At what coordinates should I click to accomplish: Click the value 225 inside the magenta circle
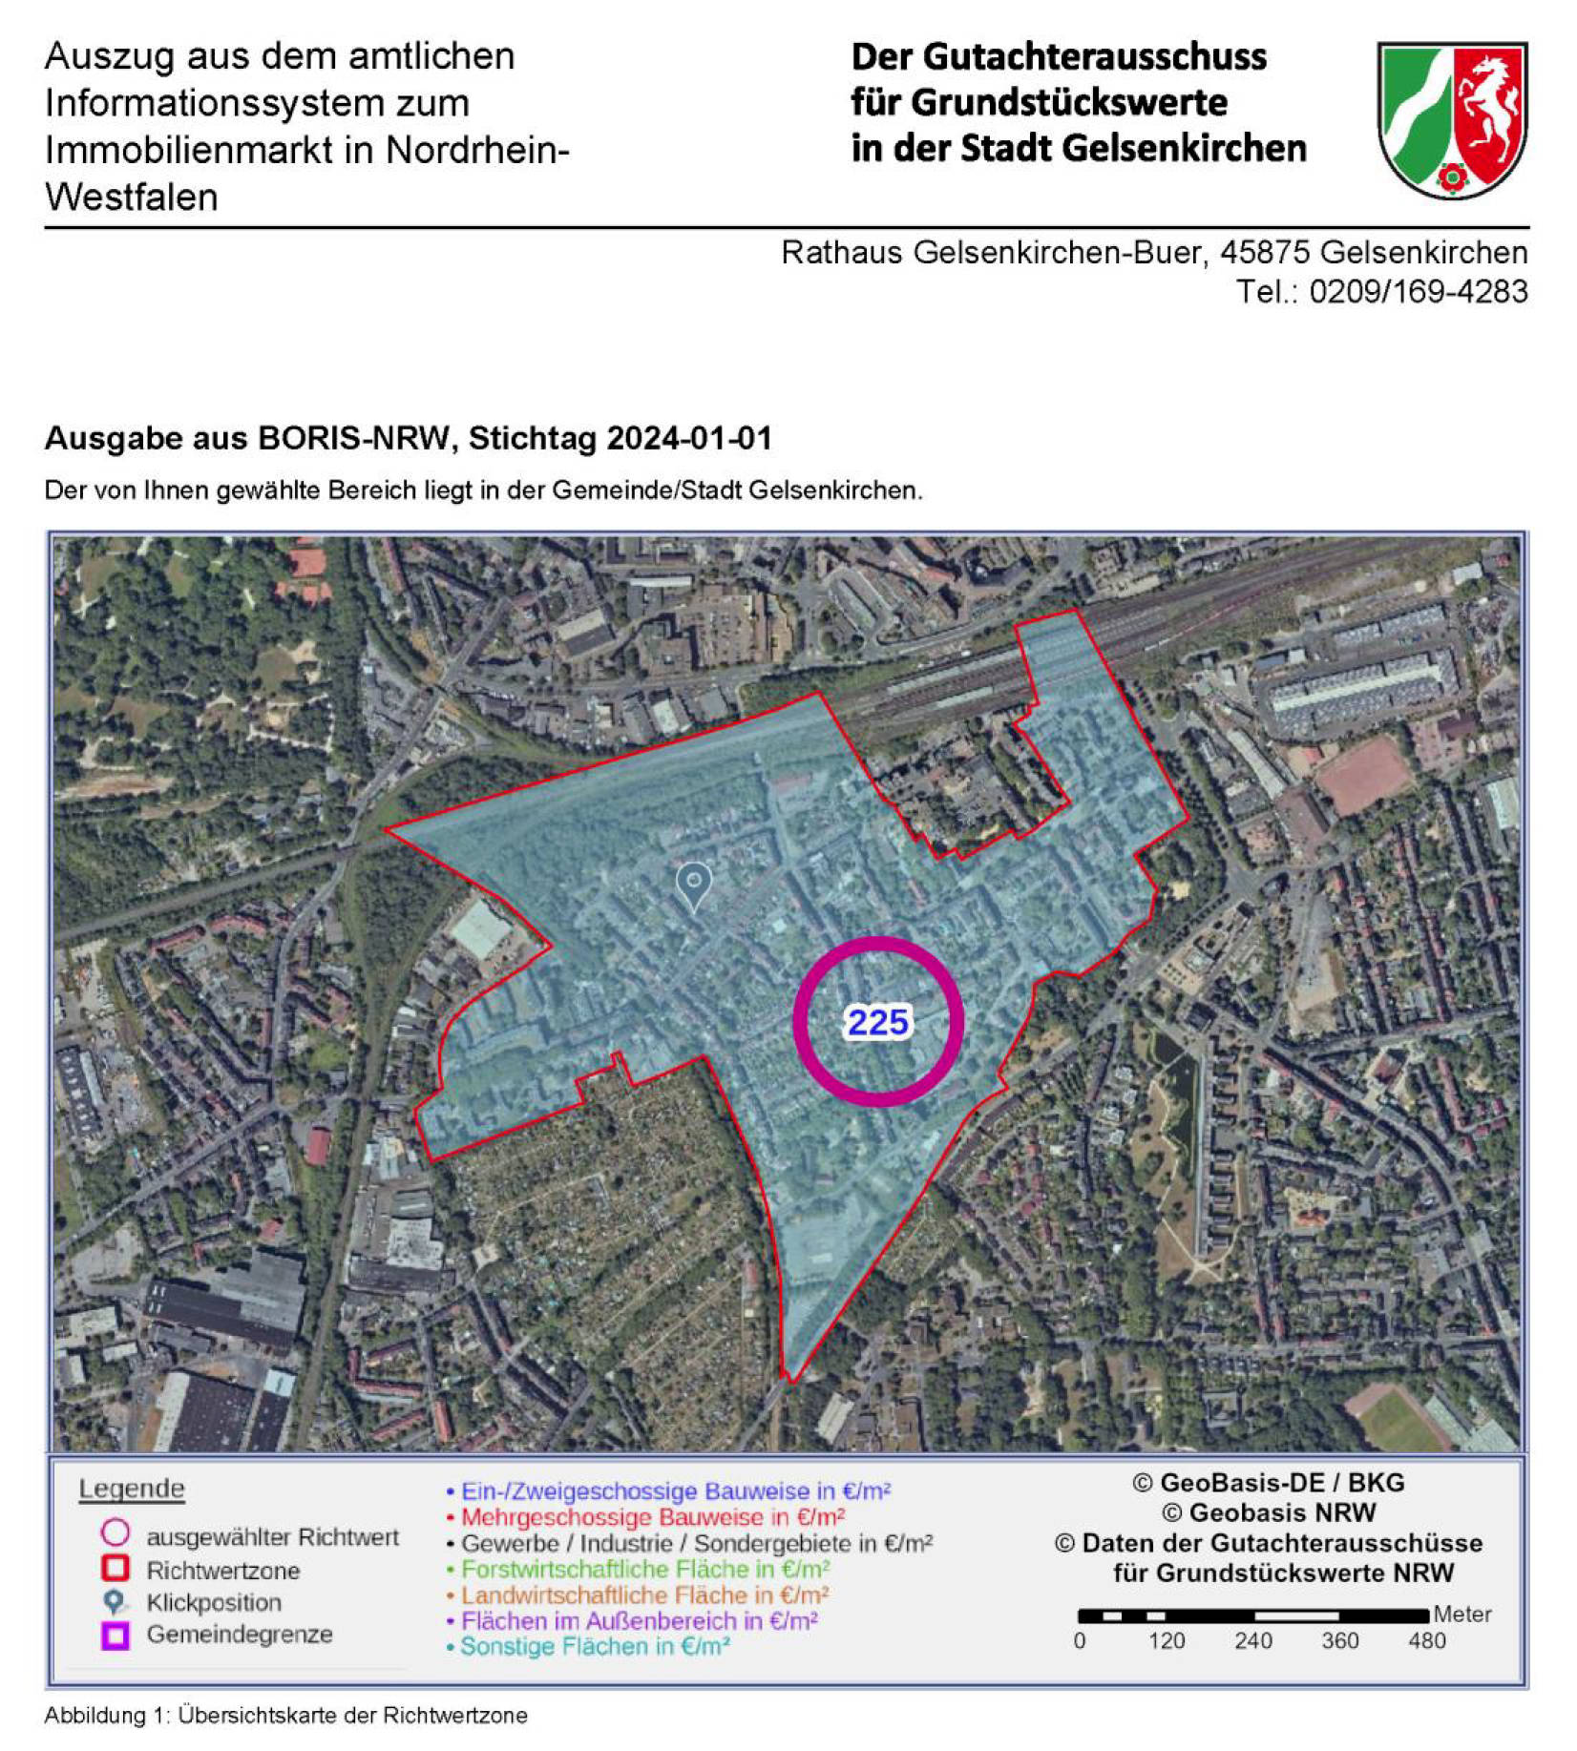pos(877,1022)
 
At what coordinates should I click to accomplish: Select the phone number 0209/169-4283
pos(1418,291)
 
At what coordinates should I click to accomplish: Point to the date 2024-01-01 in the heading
pos(688,438)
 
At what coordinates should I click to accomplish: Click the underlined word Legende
pos(132,1489)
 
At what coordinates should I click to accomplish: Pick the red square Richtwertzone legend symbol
pos(116,1568)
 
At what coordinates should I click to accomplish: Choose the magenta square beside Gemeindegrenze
pos(116,1635)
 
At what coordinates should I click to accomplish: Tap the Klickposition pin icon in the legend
pos(115,1601)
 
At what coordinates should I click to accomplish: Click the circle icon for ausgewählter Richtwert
pos(116,1533)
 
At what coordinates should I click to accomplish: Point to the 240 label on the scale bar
pos(1252,1640)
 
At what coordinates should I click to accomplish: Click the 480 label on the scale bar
pos(1426,1640)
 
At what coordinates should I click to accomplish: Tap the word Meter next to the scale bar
pos(1461,1614)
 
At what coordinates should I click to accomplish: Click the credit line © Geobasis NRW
pos(1269,1512)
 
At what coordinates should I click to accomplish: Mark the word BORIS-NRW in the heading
pos(353,438)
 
